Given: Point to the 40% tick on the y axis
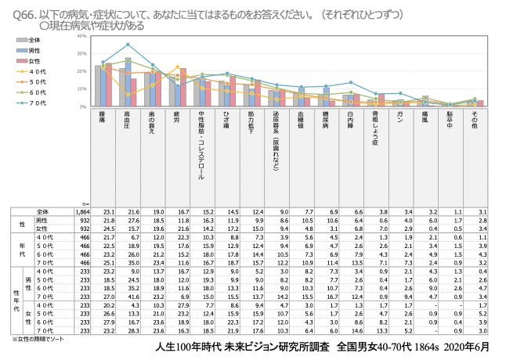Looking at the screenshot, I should [x=83, y=37].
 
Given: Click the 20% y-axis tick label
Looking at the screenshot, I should [x=83, y=71].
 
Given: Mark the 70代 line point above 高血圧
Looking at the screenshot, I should [x=128, y=45].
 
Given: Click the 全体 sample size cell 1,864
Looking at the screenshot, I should [x=81, y=212].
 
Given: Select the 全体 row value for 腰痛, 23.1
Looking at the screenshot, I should [x=103, y=212].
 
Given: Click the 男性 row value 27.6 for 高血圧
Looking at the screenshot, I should [x=128, y=221].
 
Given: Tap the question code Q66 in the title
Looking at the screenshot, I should [x=23, y=13].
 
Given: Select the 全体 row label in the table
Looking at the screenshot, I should [x=44, y=212].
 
